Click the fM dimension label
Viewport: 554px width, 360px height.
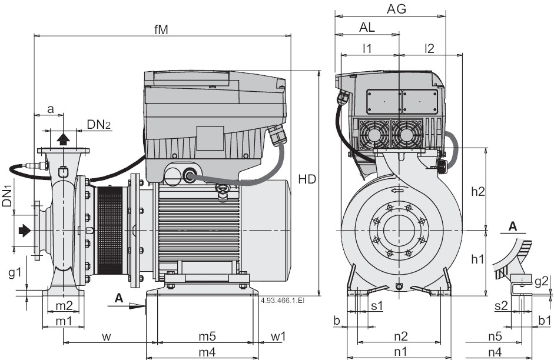tap(161, 29)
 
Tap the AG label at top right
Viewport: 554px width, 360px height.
tap(396, 9)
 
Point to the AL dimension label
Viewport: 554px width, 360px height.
tap(367, 27)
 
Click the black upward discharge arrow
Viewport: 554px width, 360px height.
tap(63, 138)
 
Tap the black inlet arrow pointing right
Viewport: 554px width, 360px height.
tap(24, 231)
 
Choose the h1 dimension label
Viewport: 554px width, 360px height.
tap(477, 259)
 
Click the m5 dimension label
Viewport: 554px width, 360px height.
tap(206, 336)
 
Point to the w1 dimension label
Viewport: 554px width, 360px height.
tap(278, 336)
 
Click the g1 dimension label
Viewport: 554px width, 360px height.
tap(15, 272)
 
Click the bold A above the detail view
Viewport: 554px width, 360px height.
tap(513, 226)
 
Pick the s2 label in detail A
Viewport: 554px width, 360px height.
tap(501, 305)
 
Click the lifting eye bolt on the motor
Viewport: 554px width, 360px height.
tap(223, 189)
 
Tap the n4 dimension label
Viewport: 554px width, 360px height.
tap(495, 352)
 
